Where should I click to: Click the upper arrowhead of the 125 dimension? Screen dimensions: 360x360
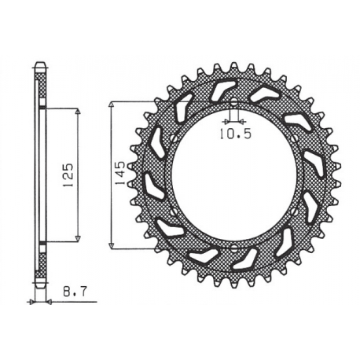coord(79,112)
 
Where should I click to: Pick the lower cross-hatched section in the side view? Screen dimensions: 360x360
coord(40,262)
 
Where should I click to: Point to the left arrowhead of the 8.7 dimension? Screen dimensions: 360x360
coord(33,301)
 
